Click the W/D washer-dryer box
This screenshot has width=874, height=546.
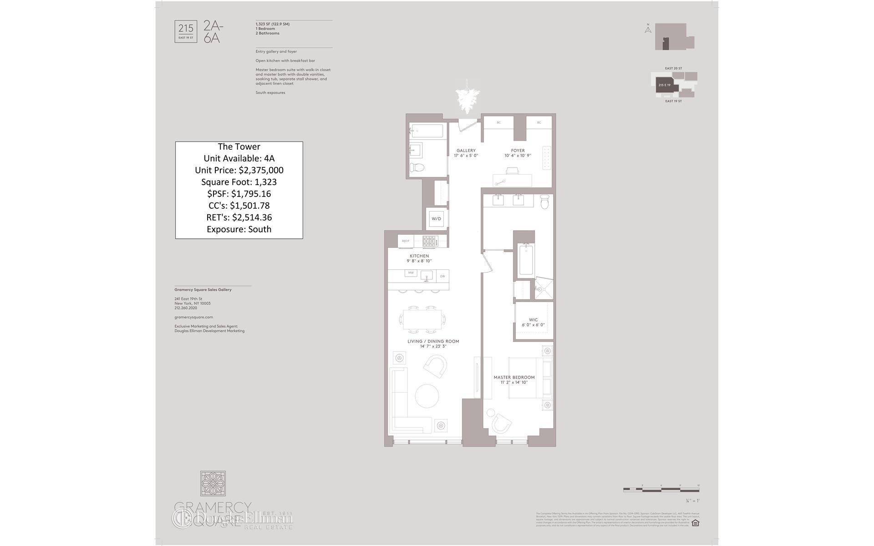tap(436, 219)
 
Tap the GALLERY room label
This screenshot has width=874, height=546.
tap(466, 151)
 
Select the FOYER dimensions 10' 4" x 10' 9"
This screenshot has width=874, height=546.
tap(518, 156)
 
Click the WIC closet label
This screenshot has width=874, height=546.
tap(533, 320)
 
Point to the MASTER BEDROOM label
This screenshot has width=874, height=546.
tap(514, 377)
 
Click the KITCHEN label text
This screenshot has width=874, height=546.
tap(419, 256)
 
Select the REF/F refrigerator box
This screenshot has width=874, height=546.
tap(406, 241)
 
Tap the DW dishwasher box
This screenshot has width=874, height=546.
tap(442, 276)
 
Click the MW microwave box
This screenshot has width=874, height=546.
tap(411, 273)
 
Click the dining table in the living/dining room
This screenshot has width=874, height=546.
tap(422, 319)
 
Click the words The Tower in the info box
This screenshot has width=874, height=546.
tap(239, 147)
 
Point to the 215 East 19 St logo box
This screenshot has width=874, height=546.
tap(186, 31)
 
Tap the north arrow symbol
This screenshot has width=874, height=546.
tap(648, 29)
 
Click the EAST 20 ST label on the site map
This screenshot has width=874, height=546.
tap(673, 69)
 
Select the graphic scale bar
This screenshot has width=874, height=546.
tap(661, 490)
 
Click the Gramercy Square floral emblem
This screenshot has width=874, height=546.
tap(213, 484)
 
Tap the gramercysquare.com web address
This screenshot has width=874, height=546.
tap(193, 317)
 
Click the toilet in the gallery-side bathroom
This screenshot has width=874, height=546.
tap(417, 167)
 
